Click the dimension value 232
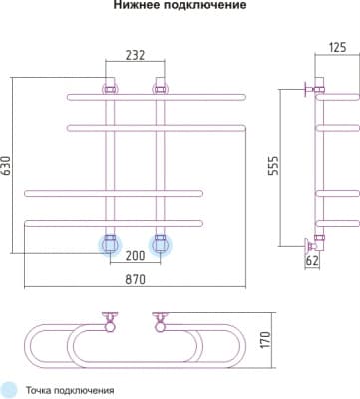[136, 55]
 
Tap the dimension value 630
[7, 166]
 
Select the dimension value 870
[135, 279]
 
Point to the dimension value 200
[135, 255]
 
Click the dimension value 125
[337, 47]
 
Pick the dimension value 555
[274, 165]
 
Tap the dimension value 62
[312, 261]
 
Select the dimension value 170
[266, 340]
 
